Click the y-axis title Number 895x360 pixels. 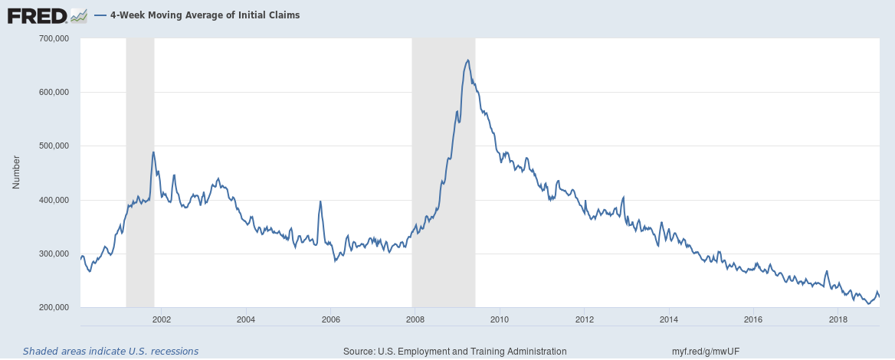click(x=16, y=173)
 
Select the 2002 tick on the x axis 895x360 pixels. click(x=161, y=319)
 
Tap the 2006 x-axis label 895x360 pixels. click(x=330, y=319)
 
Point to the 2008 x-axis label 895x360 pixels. click(x=415, y=319)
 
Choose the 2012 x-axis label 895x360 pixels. click(x=584, y=319)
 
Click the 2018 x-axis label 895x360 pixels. click(x=838, y=319)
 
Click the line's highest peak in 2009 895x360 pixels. click(x=467, y=60)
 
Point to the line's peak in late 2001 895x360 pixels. click(x=153, y=152)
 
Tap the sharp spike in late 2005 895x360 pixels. click(x=320, y=201)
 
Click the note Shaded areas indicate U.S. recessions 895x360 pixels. click(x=110, y=352)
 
